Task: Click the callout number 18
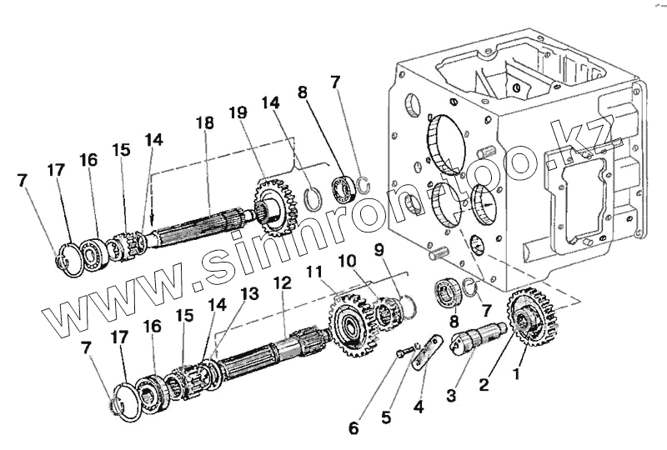pyautogui.click(x=205, y=123)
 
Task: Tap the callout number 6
pyautogui.click(x=354, y=427)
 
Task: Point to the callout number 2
pyautogui.click(x=484, y=384)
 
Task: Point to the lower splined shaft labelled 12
pyautogui.click(x=267, y=351)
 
